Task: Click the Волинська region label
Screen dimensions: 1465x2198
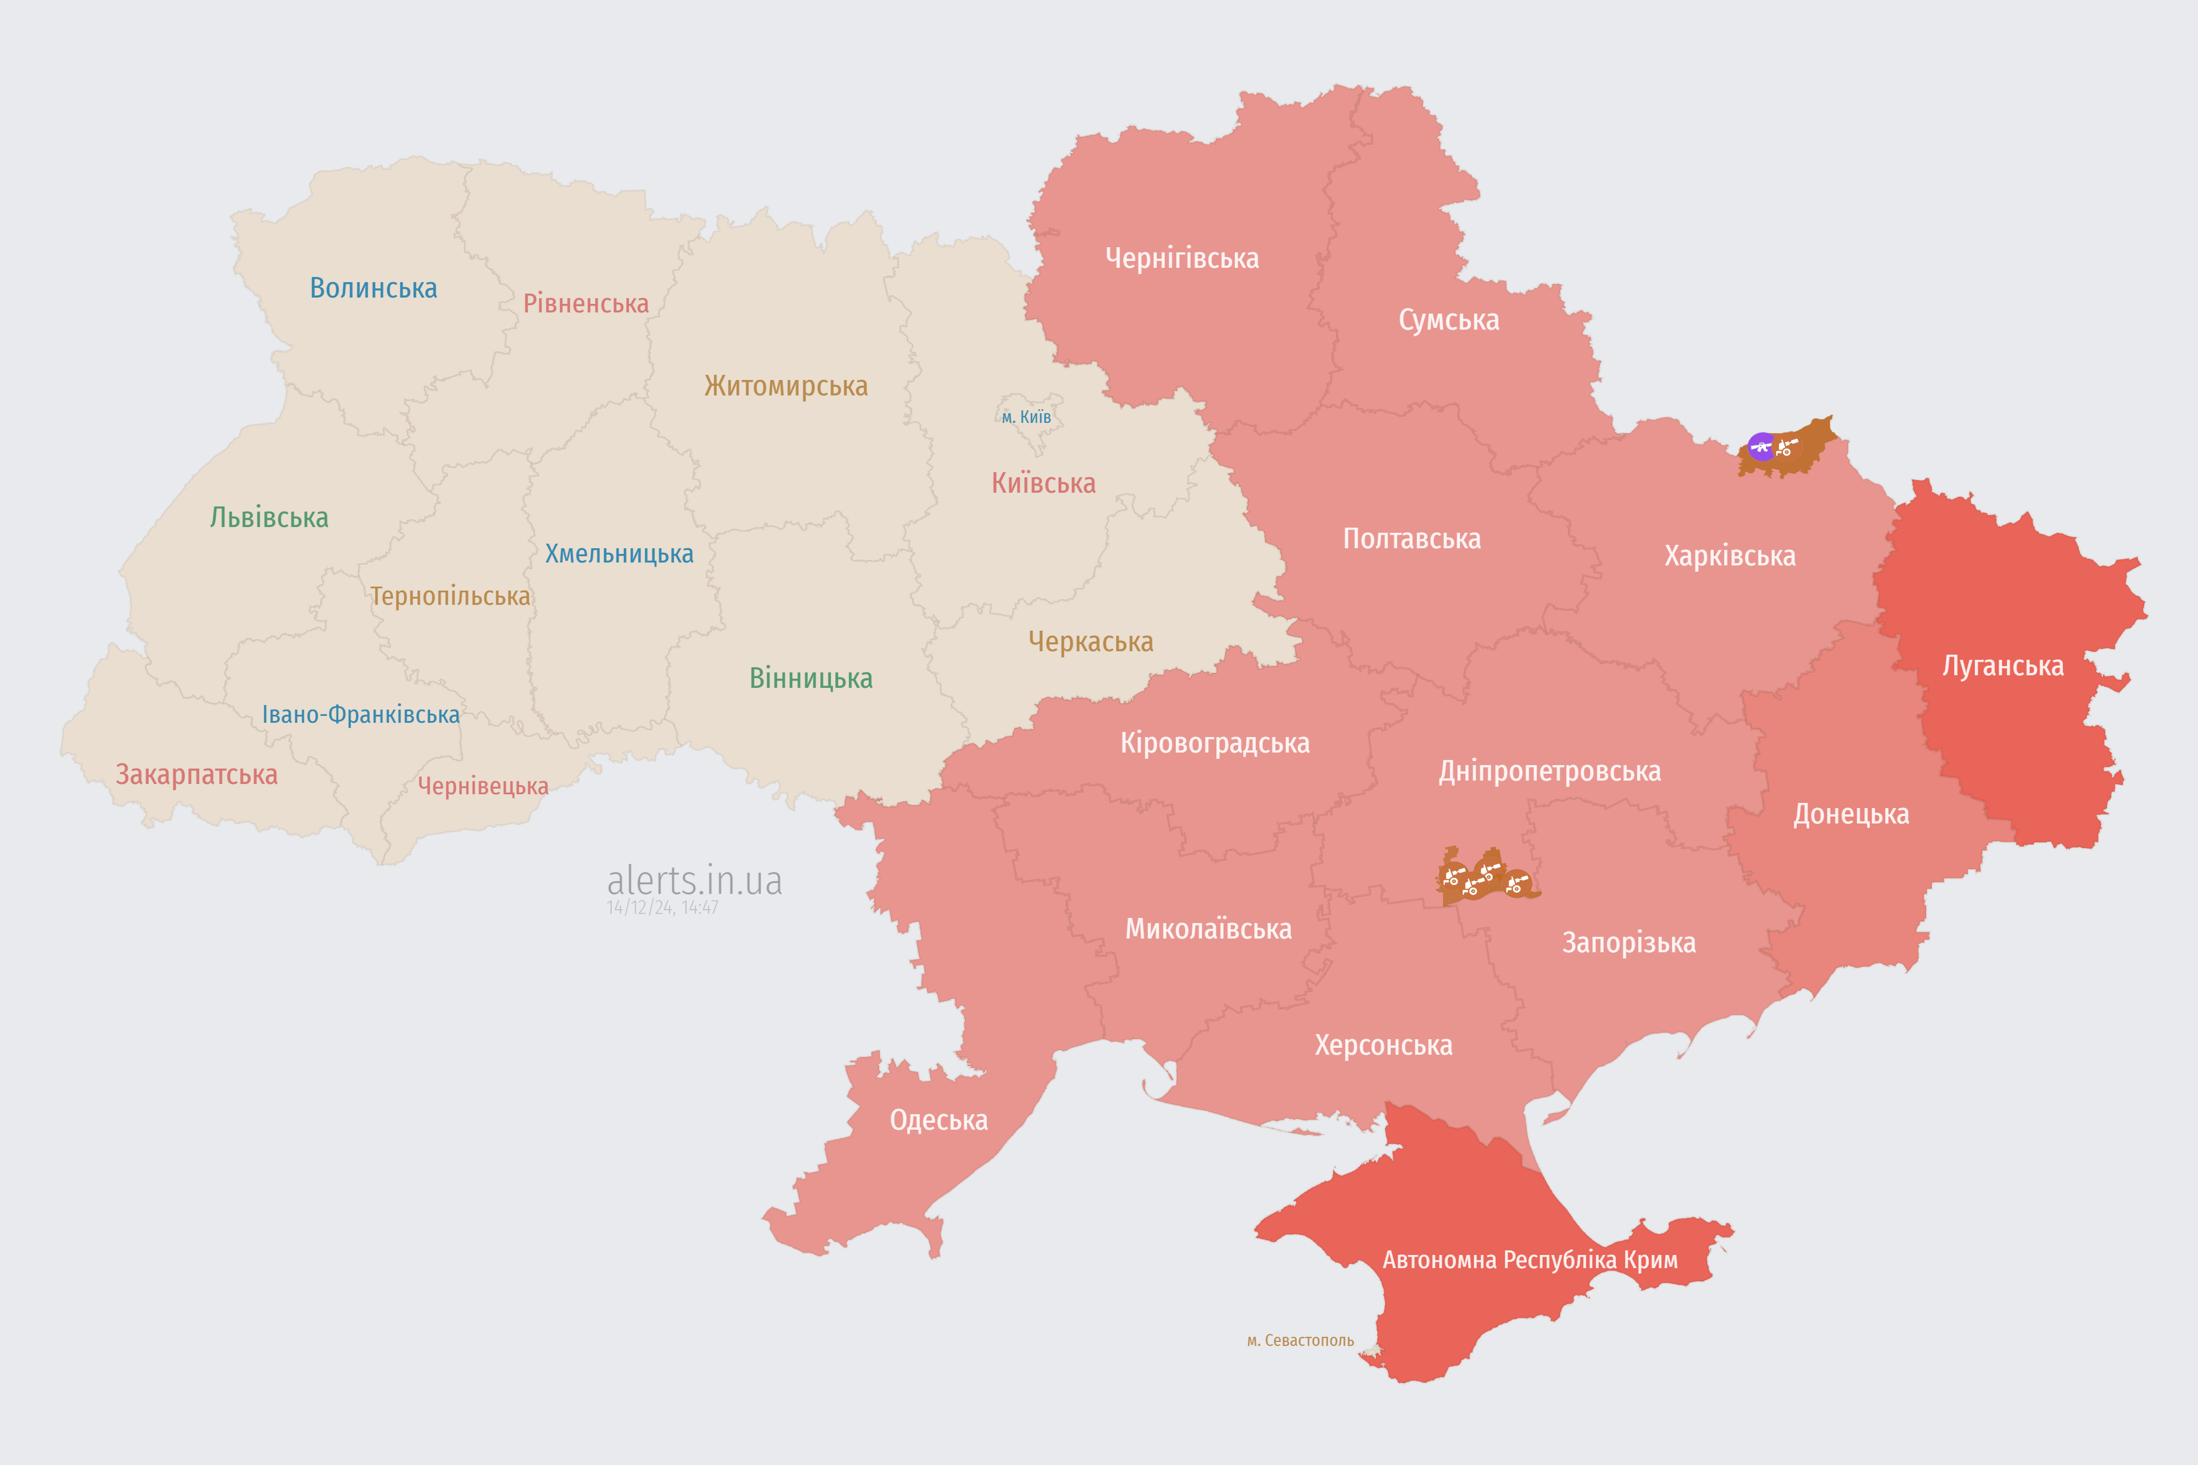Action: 373,288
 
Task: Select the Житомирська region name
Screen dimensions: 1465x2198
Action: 786,386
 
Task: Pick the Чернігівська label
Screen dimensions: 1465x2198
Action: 1181,258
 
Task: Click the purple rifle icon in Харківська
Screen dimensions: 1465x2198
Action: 1761,446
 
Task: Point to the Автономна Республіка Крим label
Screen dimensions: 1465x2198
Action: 1530,1260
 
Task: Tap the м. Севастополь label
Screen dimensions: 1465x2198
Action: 1300,1341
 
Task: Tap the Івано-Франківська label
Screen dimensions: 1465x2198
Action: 361,715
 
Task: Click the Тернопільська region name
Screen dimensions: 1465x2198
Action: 449,596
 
